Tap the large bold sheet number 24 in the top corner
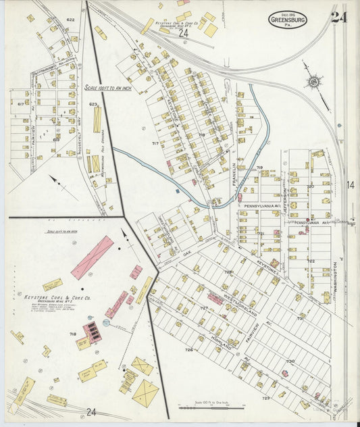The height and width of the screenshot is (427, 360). (x=340, y=17)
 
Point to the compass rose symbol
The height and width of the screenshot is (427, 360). (x=313, y=81)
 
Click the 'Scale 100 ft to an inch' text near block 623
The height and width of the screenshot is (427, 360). (x=103, y=87)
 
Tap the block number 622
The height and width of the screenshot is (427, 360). (x=70, y=20)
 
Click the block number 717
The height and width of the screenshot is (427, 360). (x=155, y=143)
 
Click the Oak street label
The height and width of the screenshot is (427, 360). (x=186, y=253)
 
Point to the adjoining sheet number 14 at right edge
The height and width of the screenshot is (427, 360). (x=351, y=184)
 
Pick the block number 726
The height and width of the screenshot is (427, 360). (x=189, y=350)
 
